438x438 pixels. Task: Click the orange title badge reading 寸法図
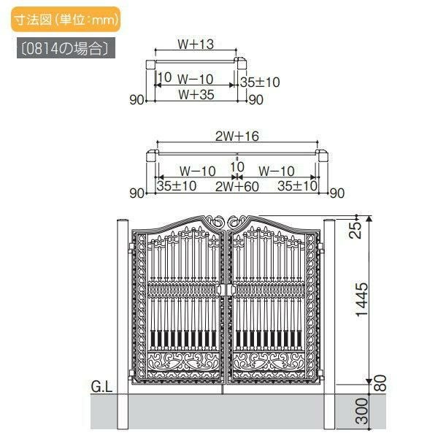click(x=66, y=19)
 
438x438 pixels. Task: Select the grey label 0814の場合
click(x=66, y=48)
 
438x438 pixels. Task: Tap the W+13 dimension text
click(x=196, y=44)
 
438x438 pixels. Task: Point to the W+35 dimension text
click(x=196, y=94)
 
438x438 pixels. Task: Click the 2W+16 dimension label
click(x=237, y=136)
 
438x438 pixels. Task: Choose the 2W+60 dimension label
click(x=237, y=186)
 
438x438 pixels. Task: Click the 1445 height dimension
click(x=362, y=299)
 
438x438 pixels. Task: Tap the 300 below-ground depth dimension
click(x=362, y=411)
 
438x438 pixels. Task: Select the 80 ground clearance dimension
click(x=380, y=383)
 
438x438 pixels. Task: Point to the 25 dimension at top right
click(x=356, y=230)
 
